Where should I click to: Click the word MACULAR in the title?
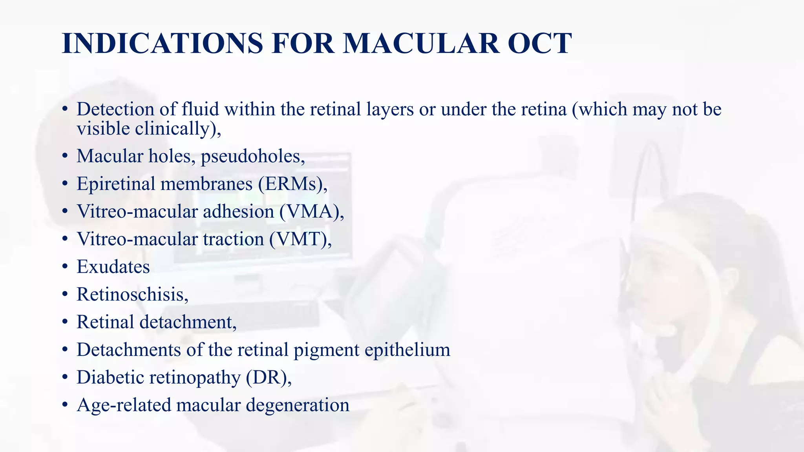pos(421,43)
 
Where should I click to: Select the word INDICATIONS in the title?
pos(162,43)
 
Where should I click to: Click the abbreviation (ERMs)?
pos(292,184)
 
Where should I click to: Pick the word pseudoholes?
pos(252,157)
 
